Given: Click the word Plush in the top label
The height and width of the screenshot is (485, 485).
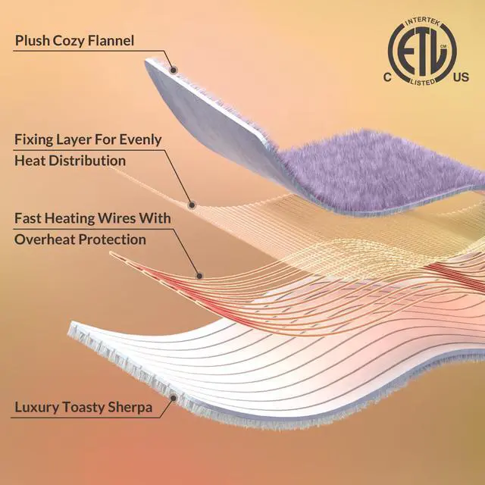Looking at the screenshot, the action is point(33,40).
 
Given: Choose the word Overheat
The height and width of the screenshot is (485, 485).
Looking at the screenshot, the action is point(45,239).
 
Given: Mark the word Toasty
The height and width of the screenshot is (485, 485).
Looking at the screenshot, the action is point(85,408).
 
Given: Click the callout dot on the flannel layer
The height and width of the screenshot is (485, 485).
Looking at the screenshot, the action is point(174,70).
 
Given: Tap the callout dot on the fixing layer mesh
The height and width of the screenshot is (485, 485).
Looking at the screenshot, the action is point(192,204).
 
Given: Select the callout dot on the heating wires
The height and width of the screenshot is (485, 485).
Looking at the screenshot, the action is point(200,275).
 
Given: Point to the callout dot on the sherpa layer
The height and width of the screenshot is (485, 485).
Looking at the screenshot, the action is point(174,396).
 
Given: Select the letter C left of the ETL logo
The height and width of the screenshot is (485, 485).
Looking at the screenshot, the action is point(387,77).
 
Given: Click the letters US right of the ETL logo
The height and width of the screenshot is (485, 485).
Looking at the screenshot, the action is point(460,77).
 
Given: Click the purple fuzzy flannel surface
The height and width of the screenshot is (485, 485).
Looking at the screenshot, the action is point(379,171).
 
